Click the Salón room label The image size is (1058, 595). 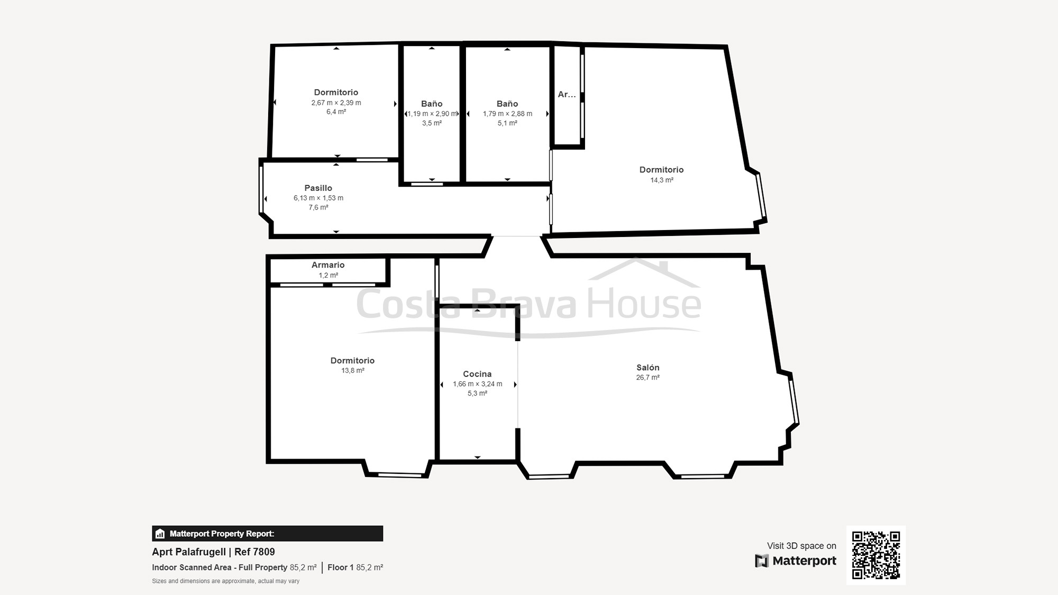(647, 368)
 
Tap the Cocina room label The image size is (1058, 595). (477, 374)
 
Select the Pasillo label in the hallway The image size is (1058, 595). (318, 188)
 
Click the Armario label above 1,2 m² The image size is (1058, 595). (328, 265)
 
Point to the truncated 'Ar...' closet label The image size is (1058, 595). (567, 94)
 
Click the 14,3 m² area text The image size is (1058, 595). (662, 180)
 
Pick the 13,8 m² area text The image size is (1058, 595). (353, 371)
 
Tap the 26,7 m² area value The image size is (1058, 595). (647, 378)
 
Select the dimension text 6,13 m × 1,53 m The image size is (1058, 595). (318, 198)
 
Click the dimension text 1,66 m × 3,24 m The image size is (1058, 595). (478, 384)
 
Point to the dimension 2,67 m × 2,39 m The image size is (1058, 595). (336, 103)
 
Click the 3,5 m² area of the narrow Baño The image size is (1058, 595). (432, 123)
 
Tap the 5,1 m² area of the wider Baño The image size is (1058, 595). (507, 123)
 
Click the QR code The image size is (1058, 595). (876, 555)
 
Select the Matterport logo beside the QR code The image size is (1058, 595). (796, 561)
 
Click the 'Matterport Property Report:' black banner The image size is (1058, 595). (268, 534)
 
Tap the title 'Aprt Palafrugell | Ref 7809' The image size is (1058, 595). (213, 552)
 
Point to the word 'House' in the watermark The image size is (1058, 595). (644, 303)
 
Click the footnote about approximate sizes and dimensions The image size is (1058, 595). (226, 581)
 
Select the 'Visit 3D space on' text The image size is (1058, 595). (801, 546)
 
